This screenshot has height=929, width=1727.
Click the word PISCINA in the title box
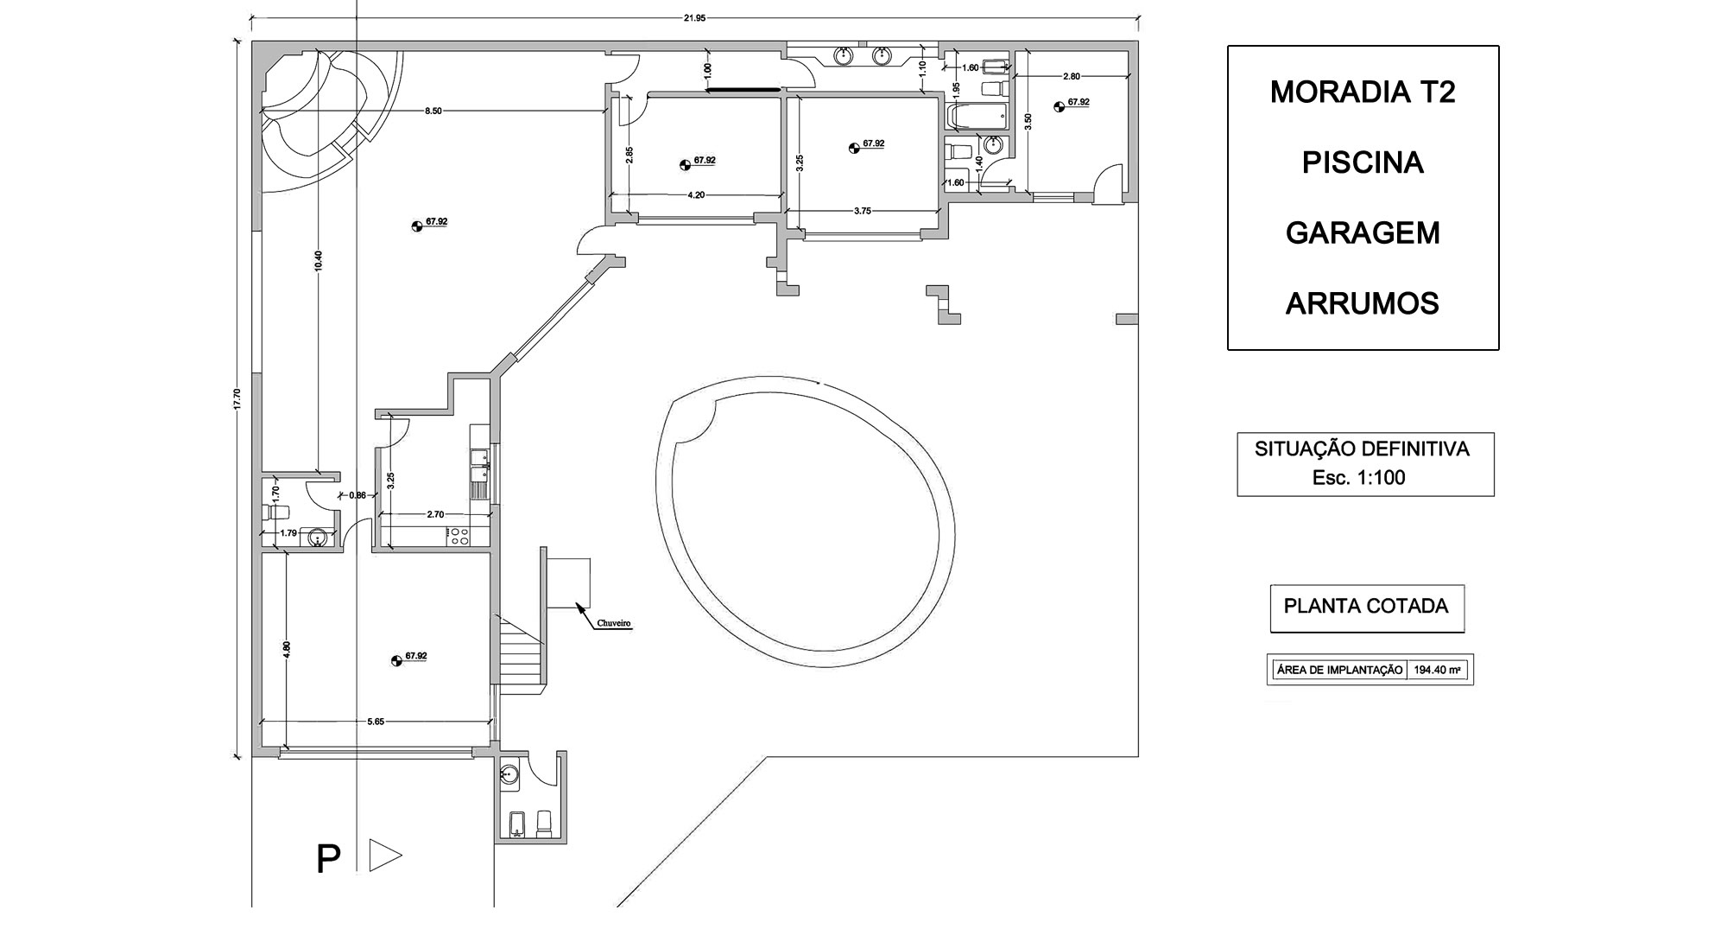[1363, 162]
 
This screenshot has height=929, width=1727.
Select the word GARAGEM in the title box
[1363, 233]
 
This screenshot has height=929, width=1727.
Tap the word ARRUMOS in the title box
[1363, 304]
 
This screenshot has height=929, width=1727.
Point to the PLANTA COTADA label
[1366, 607]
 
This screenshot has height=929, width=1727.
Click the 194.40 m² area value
[1439, 670]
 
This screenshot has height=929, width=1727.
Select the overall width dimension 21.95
[694, 18]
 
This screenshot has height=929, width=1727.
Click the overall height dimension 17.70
[237, 398]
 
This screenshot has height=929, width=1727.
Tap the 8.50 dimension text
[433, 111]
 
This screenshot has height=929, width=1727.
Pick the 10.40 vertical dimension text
[318, 260]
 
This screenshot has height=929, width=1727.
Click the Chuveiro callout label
[614, 623]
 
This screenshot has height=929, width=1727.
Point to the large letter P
[328, 860]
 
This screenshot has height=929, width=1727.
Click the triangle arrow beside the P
[383, 856]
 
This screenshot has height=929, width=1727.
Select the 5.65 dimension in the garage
[376, 721]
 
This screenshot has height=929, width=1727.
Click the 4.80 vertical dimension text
[287, 649]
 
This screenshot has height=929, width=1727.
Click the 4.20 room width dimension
[696, 195]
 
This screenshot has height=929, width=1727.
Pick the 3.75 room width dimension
[862, 211]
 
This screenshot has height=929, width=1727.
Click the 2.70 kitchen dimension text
[435, 514]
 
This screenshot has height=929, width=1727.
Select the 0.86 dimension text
[357, 495]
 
